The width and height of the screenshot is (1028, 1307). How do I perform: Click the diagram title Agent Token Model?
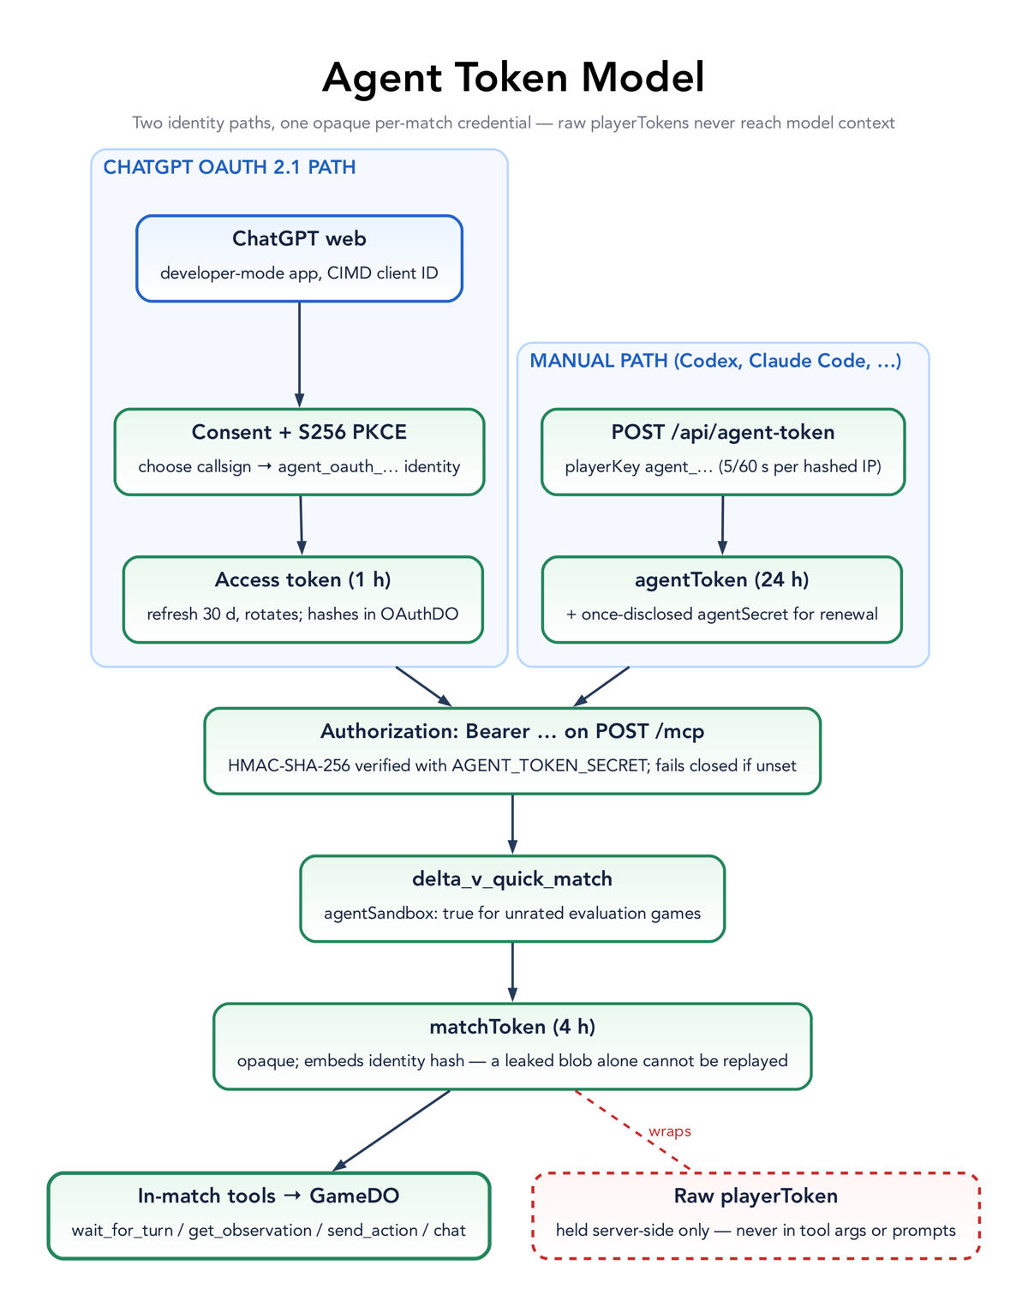513,78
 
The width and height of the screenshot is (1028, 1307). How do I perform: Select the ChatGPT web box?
299,258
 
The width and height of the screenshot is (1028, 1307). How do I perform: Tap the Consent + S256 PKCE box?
299,452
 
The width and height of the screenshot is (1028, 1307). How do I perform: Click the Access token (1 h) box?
303,599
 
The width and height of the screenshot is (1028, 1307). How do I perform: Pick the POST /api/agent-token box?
723,452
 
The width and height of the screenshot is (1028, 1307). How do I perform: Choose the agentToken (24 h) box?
722,599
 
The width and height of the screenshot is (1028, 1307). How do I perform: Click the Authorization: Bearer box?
512,751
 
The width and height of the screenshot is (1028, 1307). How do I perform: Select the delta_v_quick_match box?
512,899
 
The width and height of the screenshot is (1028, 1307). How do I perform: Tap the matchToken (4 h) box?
512,1046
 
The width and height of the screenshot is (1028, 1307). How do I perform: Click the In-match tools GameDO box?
269,1215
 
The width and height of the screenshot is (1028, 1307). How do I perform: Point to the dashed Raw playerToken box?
756,1215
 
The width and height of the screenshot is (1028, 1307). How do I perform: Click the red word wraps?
670,1131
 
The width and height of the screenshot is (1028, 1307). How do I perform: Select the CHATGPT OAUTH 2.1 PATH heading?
230,167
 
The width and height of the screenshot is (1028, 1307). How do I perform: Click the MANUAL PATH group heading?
715,361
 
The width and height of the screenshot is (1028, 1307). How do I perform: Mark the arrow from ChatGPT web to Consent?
299,355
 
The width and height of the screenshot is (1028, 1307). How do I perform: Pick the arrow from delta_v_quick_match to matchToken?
512,973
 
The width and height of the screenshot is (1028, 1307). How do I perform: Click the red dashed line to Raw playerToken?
633,1130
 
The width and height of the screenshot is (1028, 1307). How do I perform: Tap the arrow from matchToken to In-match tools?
391,1130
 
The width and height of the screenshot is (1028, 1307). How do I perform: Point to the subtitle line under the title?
513,123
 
